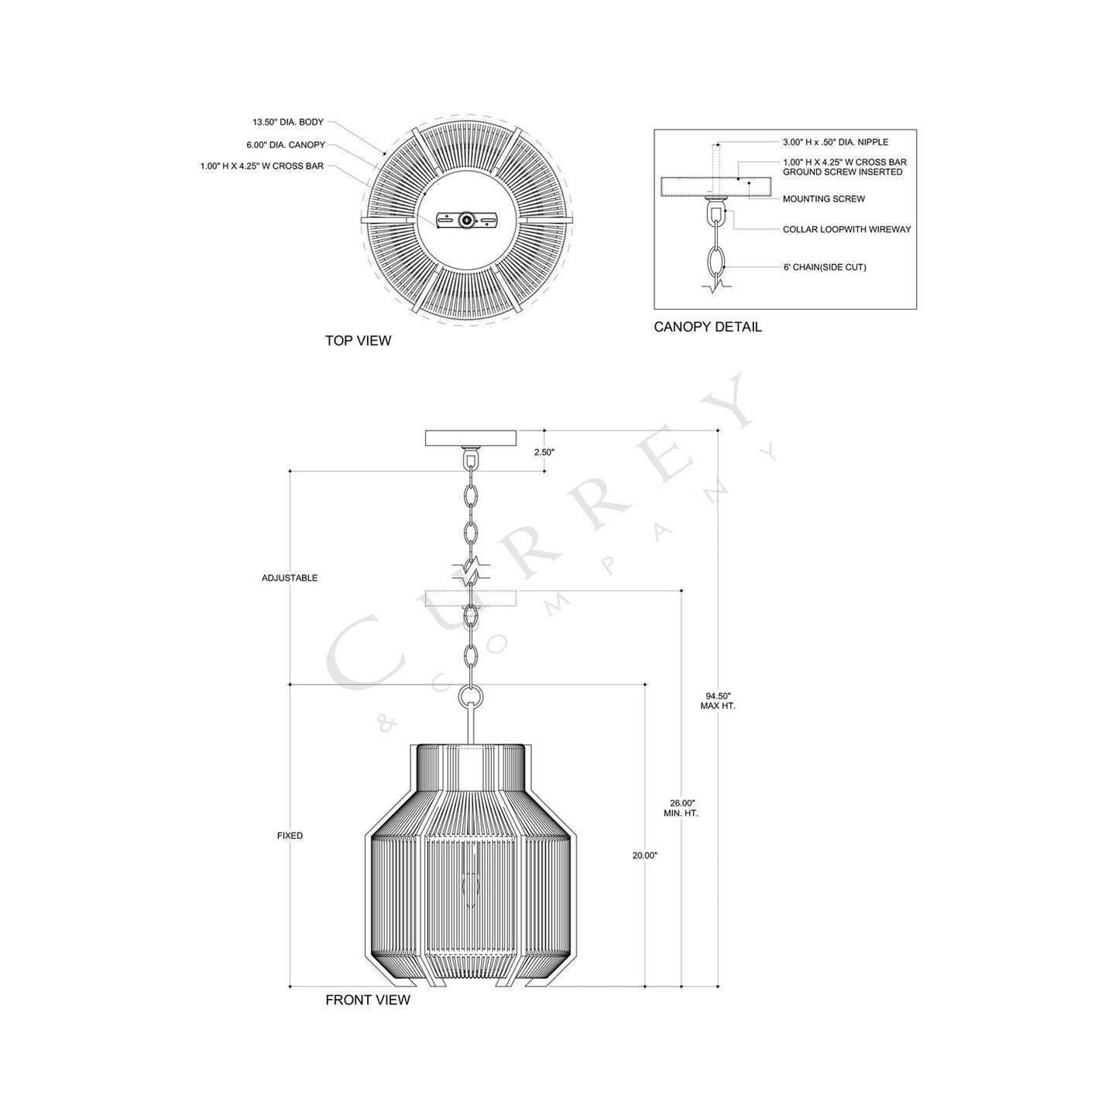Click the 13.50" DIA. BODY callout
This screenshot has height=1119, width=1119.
pyautogui.click(x=287, y=122)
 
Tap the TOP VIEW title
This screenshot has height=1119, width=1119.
pyautogui.click(x=358, y=341)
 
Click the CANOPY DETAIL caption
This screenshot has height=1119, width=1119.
pyautogui.click(x=707, y=327)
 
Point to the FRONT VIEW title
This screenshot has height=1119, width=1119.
pyautogui.click(x=367, y=1000)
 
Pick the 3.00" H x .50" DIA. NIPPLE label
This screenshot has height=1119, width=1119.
pyautogui.click(x=835, y=142)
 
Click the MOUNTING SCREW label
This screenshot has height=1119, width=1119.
pyautogui.click(x=823, y=199)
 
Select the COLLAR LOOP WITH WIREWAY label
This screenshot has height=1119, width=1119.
pyautogui.click(x=846, y=230)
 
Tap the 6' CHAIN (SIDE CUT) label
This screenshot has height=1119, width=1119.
pyautogui.click(x=824, y=267)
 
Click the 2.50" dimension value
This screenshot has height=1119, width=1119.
pyautogui.click(x=544, y=451)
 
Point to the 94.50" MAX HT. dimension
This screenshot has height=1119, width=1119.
pyautogui.click(x=717, y=701)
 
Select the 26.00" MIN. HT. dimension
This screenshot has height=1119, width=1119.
pyautogui.click(x=681, y=808)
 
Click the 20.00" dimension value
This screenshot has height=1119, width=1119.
pyautogui.click(x=644, y=856)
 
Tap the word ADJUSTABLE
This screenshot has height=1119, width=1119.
pyautogui.click(x=290, y=578)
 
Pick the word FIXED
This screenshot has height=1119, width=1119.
pyautogui.click(x=290, y=836)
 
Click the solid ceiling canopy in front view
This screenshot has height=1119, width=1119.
pyautogui.click(x=470, y=438)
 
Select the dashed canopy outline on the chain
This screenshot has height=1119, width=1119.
pyautogui.click(x=470, y=598)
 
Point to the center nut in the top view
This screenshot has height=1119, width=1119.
pyautogui.click(x=466, y=220)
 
